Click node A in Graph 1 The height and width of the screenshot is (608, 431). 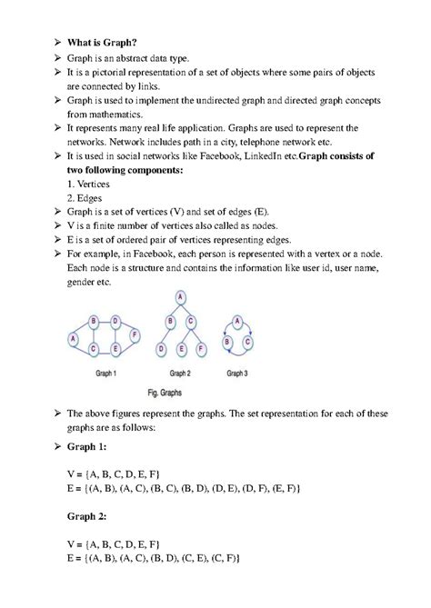pyautogui.click(x=73, y=338)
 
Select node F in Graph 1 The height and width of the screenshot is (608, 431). pyautogui.click(x=135, y=335)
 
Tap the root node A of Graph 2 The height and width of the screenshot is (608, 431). pyautogui.click(x=181, y=298)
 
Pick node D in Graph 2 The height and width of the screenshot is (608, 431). pyautogui.click(x=161, y=348)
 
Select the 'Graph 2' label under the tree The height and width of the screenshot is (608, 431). pyautogui.click(x=180, y=374)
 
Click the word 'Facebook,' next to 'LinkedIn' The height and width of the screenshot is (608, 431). pyautogui.click(x=207, y=157)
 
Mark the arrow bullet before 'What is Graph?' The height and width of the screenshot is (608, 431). pyautogui.click(x=54, y=43)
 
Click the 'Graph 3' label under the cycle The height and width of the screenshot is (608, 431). pyautogui.click(x=236, y=374)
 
